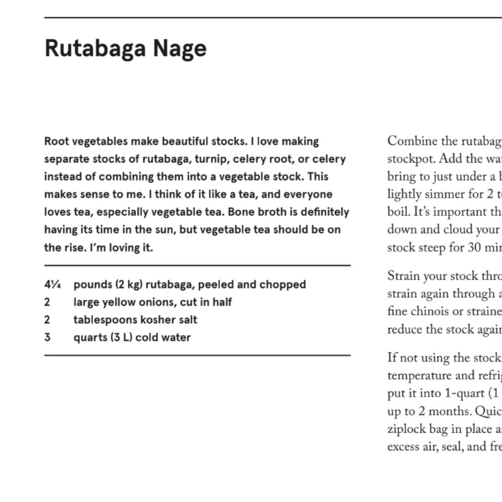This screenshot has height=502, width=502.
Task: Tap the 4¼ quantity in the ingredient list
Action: click(53, 285)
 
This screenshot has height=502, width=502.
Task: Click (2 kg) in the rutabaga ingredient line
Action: click(129, 285)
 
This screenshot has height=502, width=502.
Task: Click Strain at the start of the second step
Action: click(403, 276)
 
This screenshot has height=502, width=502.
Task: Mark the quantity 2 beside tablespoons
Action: click(47, 320)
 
